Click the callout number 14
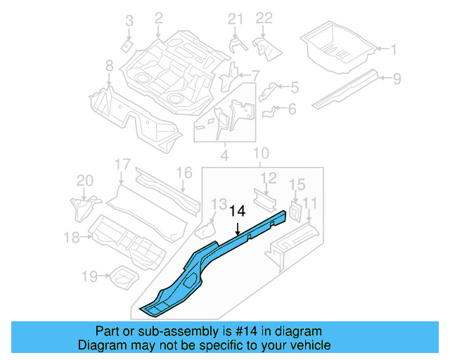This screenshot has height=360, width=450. tap(238, 210)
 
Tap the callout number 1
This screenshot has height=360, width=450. tap(393, 49)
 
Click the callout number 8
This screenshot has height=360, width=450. tap(109, 66)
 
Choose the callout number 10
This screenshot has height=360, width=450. tap(261, 153)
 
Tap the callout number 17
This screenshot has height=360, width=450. tap(123, 165)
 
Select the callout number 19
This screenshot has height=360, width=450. tap(90, 276)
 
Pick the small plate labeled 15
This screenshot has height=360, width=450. tap(295, 210)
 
